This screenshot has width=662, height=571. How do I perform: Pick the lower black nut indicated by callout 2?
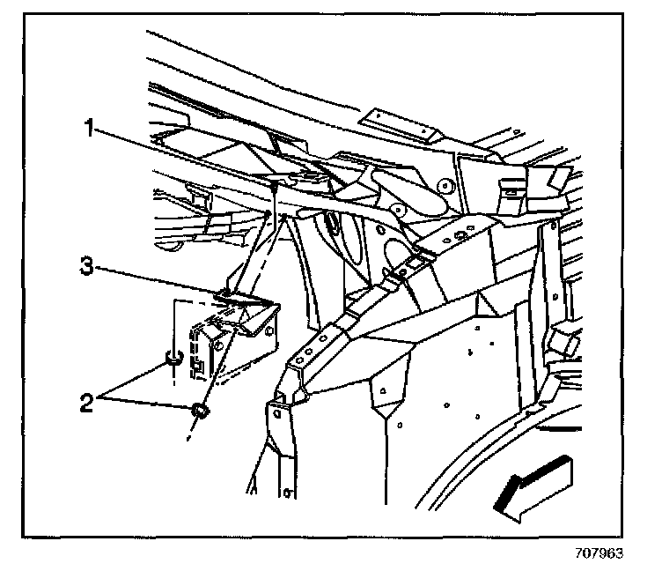tap(201, 410)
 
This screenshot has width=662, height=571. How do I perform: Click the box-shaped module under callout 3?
tap(231, 339)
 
